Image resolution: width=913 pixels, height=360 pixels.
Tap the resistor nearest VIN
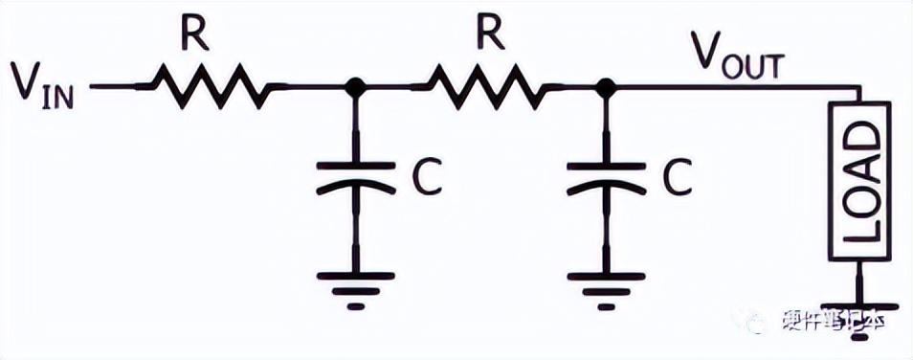click(211, 87)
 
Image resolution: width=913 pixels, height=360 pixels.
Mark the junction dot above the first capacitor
click(355, 87)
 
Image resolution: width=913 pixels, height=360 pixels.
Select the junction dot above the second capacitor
click(605, 87)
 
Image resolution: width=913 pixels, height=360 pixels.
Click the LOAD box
click(860, 182)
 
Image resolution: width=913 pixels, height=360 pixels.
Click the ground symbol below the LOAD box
click(860, 304)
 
